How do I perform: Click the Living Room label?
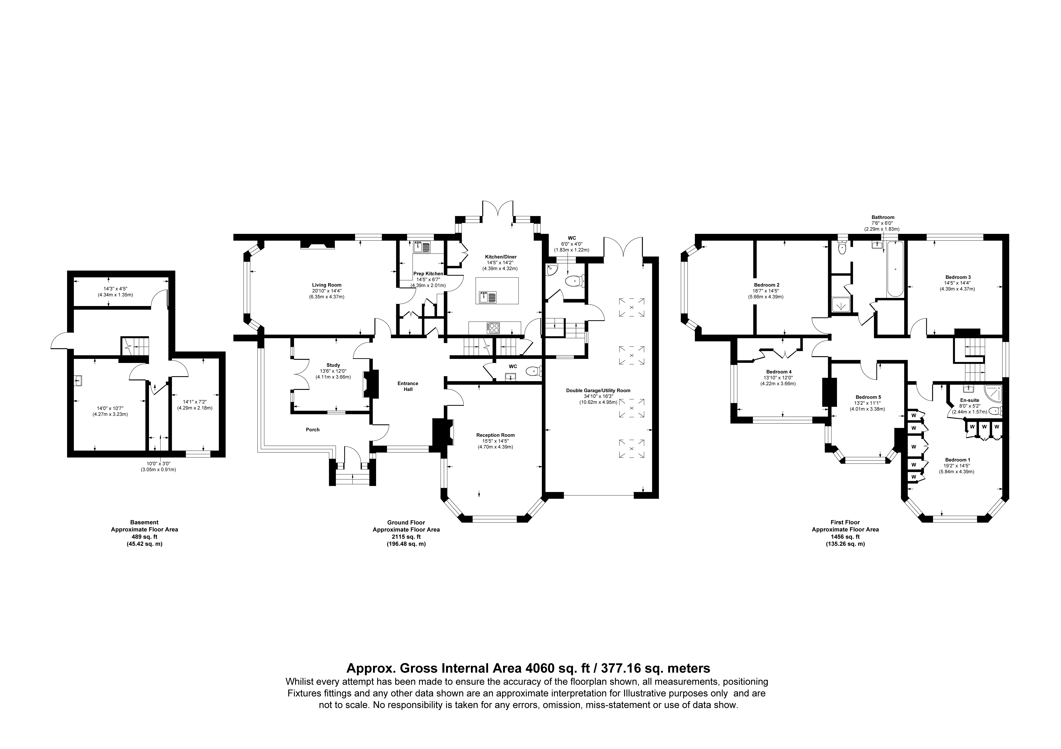(x=327, y=285)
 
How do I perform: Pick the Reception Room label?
(x=495, y=435)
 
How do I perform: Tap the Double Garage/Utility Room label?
(x=598, y=390)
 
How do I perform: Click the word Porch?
(x=313, y=429)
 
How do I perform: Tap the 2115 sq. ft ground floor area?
(x=406, y=537)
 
